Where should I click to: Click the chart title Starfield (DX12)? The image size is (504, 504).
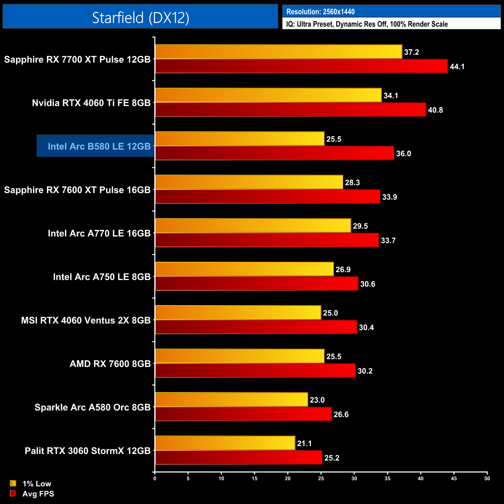point(140,17)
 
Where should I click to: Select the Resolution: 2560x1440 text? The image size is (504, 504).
point(320,12)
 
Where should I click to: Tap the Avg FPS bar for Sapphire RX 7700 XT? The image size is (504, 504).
point(301,66)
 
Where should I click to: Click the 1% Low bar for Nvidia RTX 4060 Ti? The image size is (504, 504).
point(268,95)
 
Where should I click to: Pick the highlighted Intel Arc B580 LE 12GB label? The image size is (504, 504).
point(99,146)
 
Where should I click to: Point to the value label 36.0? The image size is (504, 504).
point(403,154)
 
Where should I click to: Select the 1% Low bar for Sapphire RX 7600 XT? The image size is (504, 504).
point(249,182)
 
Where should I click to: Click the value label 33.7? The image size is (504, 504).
point(388,240)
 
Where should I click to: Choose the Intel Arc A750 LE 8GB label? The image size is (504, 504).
point(102,277)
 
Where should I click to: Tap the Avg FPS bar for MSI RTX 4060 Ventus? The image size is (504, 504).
point(256,327)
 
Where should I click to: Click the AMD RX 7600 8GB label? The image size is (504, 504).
point(110,364)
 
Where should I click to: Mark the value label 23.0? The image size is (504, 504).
point(317,400)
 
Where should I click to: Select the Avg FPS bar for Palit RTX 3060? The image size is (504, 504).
point(238,457)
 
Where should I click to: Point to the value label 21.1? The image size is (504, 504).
point(304,443)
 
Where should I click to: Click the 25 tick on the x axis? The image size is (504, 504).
point(321,478)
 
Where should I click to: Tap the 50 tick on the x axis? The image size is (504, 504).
point(487,478)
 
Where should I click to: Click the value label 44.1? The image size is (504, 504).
point(457,67)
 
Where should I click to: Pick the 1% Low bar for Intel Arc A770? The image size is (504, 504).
point(253,226)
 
